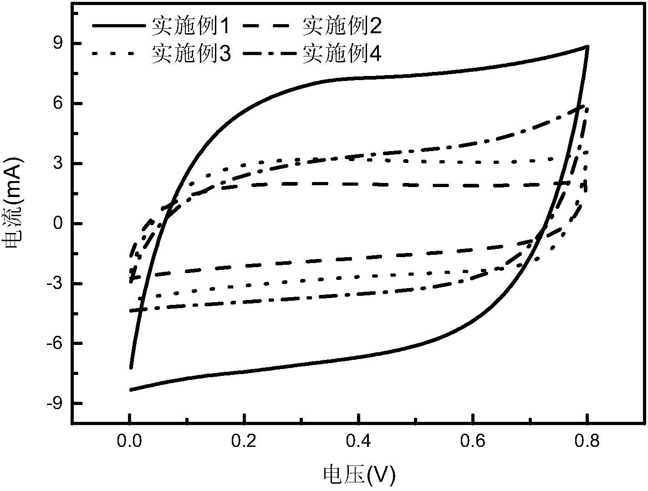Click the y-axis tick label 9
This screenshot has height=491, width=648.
pos(58,44)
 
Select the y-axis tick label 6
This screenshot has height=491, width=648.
pos(58,104)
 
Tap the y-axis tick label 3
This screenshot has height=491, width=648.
pos(58,164)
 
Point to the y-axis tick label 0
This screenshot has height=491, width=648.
pos(58,224)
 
